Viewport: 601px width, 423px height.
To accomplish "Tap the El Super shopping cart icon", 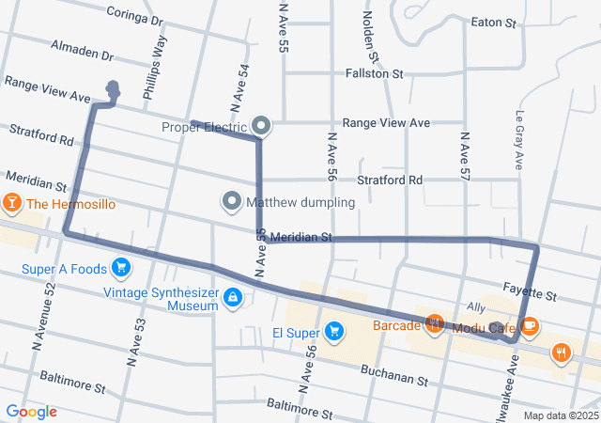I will [x=333, y=331].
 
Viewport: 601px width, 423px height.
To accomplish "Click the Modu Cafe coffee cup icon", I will [x=530, y=326].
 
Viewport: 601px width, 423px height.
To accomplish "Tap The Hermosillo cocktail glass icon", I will [x=11, y=203].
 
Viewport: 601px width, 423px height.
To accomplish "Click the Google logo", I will [x=31, y=412].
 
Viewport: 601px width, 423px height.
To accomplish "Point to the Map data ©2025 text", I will [x=560, y=415].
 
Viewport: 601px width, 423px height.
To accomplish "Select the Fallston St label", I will [x=374, y=72].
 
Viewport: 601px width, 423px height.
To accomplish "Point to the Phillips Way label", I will [x=154, y=68].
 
